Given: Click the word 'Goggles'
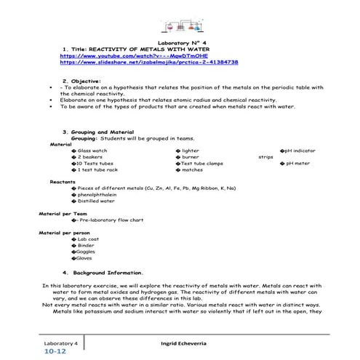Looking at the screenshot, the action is point(85,252).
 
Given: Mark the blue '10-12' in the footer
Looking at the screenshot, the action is point(55,351).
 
